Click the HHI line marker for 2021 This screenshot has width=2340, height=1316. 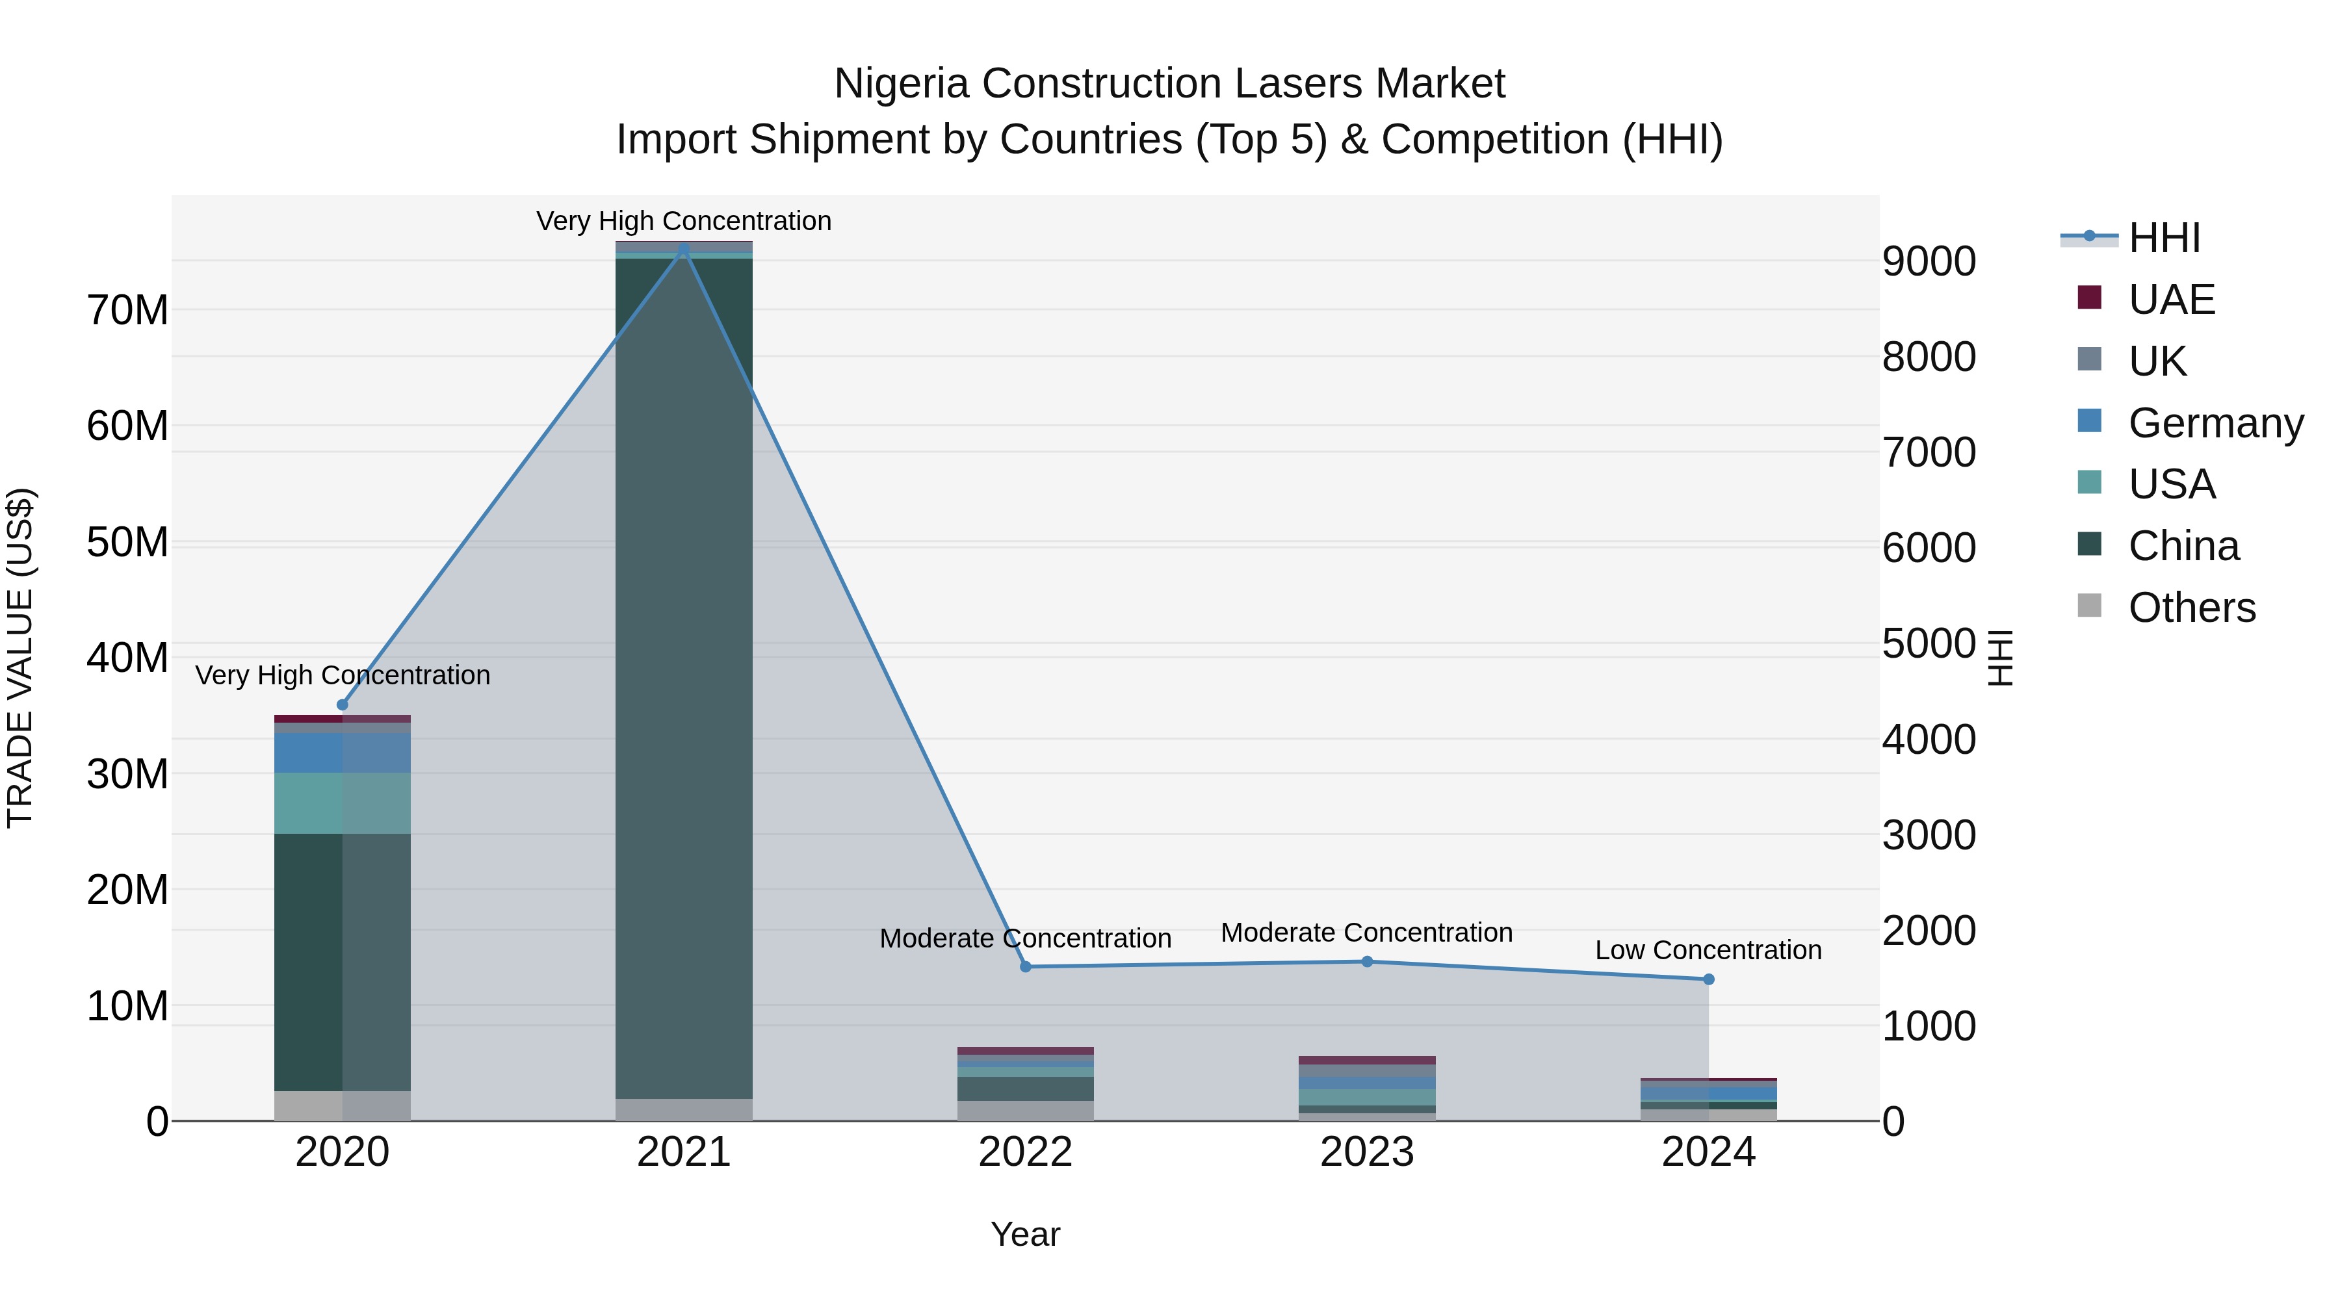[x=684, y=250]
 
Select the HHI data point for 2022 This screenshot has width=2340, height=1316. [x=1026, y=966]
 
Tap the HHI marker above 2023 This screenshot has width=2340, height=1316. [x=1367, y=961]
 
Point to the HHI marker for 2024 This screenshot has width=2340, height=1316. [x=1709, y=979]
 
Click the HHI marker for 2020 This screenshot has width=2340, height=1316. [x=343, y=704]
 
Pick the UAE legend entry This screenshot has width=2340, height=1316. [x=2171, y=300]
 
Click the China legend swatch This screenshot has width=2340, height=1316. [x=2089, y=545]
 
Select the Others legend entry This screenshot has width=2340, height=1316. [x=2191, y=608]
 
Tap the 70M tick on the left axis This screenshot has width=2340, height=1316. [x=127, y=311]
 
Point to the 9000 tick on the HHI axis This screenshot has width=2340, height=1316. [x=1929, y=261]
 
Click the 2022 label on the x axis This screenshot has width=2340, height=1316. [x=1026, y=1152]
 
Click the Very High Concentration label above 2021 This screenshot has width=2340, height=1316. [x=684, y=221]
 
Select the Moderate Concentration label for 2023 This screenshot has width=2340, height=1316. [x=1366, y=933]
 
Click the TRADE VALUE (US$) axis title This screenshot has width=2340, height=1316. [x=20, y=658]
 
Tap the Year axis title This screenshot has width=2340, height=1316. [x=1026, y=1234]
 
